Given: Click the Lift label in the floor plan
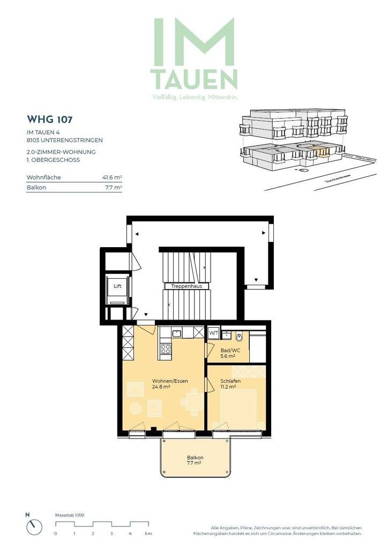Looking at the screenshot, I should (117, 286).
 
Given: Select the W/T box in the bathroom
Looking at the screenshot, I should (213, 333).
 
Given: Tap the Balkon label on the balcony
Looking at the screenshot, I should (194, 458).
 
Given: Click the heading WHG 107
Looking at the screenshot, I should (49, 119).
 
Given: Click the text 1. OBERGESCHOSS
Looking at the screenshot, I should (54, 160).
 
